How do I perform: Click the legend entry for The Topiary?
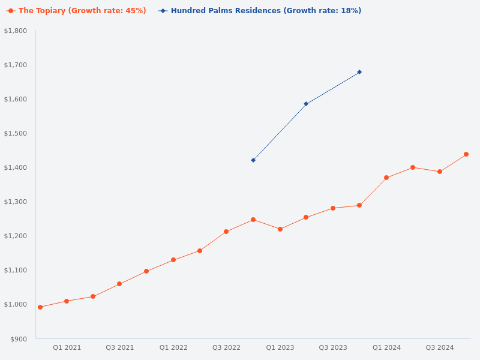(76, 11)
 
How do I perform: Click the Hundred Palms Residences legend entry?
(260, 11)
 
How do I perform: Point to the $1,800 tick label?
(16, 31)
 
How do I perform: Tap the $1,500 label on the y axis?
(16, 133)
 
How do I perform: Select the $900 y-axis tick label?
(19, 339)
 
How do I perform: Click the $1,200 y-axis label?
(16, 236)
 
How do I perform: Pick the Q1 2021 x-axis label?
(67, 347)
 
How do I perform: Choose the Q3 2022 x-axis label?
(226, 347)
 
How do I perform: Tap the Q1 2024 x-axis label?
(386, 347)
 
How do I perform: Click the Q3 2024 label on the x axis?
(440, 347)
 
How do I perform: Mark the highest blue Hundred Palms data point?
(359, 72)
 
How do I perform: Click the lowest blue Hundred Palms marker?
(253, 160)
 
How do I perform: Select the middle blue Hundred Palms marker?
(306, 104)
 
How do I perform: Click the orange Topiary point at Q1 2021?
(67, 301)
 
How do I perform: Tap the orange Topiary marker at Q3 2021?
(119, 284)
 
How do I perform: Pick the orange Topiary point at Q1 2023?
(280, 229)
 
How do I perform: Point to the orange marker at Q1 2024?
(386, 178)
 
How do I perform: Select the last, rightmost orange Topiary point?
(466, 154)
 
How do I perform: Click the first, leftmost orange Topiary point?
(40, 307)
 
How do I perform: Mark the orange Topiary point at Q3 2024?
(440, 172)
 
